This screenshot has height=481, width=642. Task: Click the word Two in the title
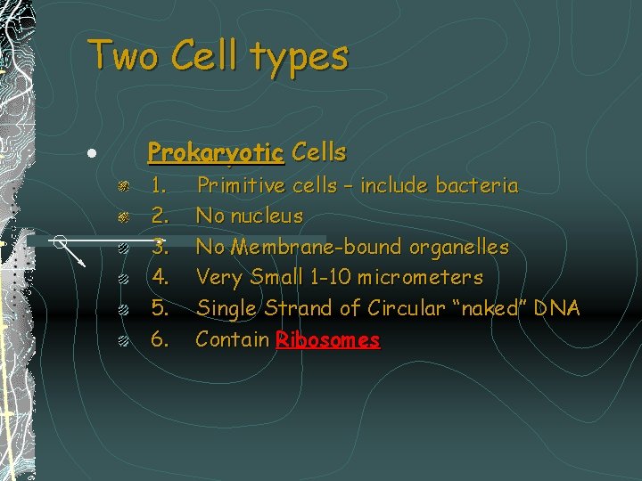123,55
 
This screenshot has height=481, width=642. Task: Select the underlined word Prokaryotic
216,152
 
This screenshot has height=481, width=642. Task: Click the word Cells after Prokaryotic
318,152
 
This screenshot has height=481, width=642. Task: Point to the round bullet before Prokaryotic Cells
92,153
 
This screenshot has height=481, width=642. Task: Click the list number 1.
160,186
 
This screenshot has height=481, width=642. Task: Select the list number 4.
160,278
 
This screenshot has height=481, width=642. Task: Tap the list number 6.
160,339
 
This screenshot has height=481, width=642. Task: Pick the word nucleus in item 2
266,216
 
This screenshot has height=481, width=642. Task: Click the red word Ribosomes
328,339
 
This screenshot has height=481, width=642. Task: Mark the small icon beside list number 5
126,309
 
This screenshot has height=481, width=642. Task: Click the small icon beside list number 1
126,186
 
